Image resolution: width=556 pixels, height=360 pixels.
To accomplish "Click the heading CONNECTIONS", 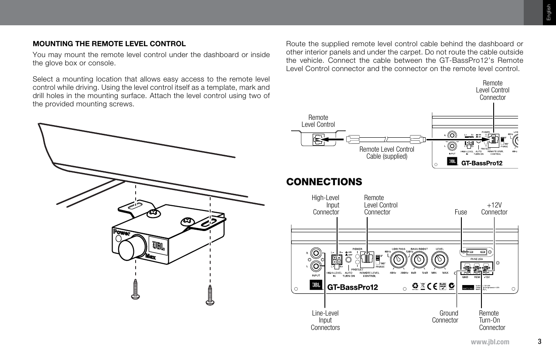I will [324, 181].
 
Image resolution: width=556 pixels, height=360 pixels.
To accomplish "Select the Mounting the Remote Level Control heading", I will [109, 44].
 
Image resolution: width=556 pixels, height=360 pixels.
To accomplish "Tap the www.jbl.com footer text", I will [490, 342].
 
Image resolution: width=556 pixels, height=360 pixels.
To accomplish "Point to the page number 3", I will [539, 341].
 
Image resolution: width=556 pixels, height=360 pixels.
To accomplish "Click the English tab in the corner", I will [549, 13].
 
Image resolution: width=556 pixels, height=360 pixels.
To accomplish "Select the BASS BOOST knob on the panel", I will [419, 260].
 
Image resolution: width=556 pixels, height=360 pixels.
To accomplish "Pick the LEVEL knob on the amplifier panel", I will [439, 260].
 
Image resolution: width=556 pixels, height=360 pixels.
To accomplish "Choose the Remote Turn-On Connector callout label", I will [492, 320].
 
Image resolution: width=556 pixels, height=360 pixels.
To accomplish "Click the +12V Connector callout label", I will [494, 208].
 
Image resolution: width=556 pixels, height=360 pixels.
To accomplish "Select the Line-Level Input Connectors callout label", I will [325, 320].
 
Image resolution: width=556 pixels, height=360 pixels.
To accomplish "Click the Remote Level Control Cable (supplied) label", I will [386, 153].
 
